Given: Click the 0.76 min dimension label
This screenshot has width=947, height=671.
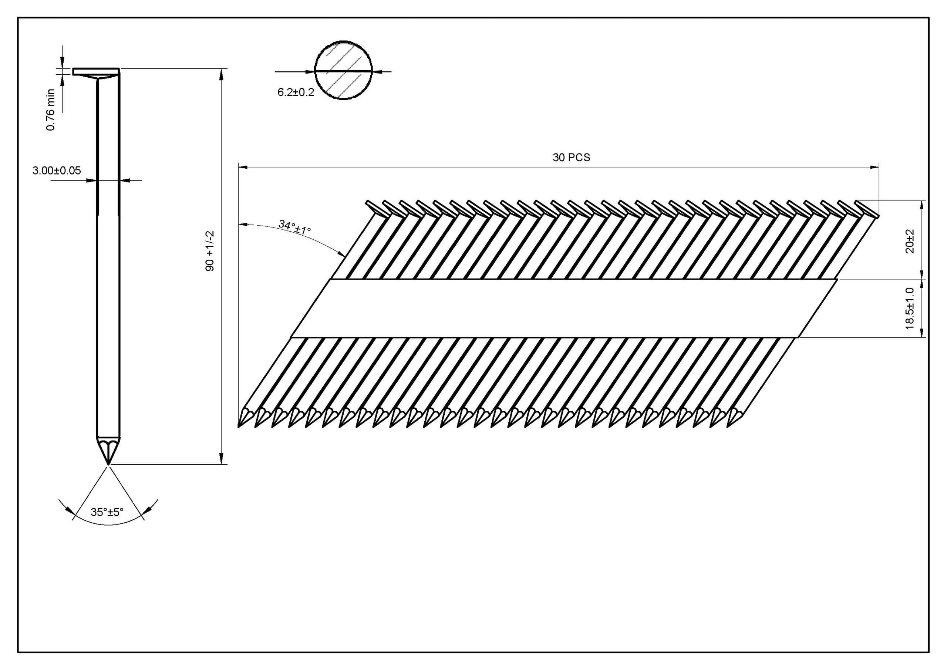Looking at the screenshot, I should (x=50, y=110).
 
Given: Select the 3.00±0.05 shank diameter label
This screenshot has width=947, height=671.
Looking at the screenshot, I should (x=57, y=170).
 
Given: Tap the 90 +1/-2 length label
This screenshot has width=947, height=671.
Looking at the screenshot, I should (x=210, y=251).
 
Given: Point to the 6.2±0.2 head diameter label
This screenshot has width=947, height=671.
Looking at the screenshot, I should (x=296, y=92).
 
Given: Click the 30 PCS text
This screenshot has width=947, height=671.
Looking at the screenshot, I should (x=571, y=158).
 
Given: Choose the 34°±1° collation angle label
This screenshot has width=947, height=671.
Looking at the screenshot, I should (x=294, y=227).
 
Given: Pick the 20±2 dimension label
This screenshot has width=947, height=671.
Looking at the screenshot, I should (x=909, y=241).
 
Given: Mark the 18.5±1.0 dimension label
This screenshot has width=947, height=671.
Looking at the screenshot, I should (x=909, y=308).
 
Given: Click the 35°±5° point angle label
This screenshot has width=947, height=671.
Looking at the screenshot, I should (x=107, y=512).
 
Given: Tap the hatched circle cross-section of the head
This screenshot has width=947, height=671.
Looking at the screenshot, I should (x=343, y=70).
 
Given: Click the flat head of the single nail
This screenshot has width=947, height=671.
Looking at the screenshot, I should (x=96, y=72).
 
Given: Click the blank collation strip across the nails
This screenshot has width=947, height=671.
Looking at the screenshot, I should (x=564, y=308).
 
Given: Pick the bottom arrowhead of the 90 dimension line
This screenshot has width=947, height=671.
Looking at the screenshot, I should (x=222, y=459).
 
